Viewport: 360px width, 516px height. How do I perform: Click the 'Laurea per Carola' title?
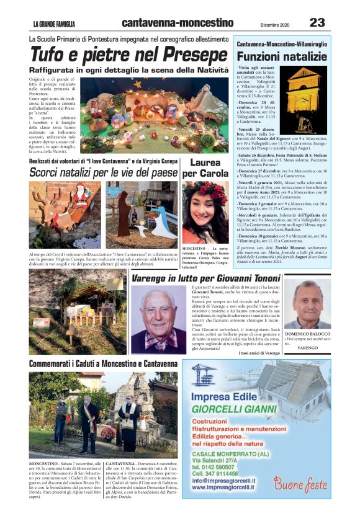(205, 167)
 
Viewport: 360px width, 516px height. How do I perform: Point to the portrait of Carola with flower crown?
(205, 212)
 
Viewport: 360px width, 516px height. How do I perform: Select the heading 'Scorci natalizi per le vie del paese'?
(103, 172)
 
